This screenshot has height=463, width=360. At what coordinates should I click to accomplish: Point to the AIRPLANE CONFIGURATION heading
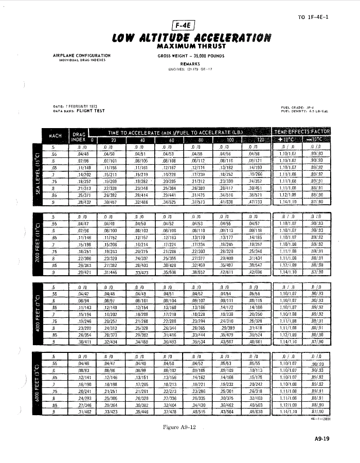pos(82,55)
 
